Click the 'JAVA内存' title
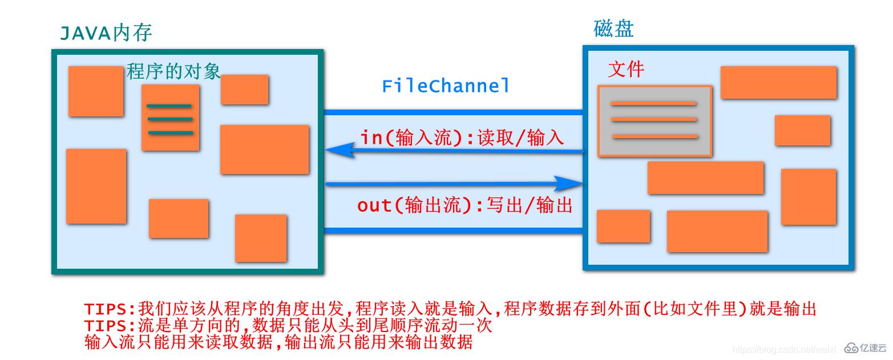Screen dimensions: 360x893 coord(106,33)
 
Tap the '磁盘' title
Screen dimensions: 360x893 coord(613,28)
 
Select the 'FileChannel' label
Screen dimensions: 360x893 coord(446,86)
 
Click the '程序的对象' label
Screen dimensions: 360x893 coord(173,71)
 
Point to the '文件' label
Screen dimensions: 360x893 coord(626,70)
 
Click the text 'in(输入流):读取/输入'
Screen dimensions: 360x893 coord(462,137)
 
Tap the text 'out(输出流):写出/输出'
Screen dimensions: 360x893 coord(464,205)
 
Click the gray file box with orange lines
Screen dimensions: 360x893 coord(654,120)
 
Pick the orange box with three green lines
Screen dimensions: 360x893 coord(170,118)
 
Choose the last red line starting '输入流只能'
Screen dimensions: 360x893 coord(278,342)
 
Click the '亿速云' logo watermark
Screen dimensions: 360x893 coord(866,348)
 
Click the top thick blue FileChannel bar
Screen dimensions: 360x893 coord(454,112)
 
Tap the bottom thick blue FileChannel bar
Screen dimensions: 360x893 coord(454,231)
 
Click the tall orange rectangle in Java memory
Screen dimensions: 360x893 coord(96,186)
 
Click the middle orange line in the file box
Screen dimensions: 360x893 coord(654,119)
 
